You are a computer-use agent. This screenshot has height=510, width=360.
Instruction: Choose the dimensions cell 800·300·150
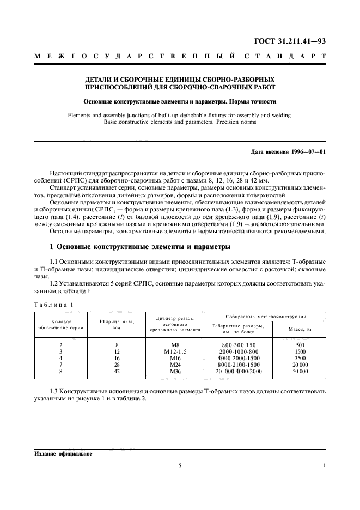click(x=239, y=345)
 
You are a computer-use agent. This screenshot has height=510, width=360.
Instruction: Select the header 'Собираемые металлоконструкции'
click(x=265, y=317)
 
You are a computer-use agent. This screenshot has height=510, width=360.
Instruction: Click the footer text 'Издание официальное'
click(x=63, y=453)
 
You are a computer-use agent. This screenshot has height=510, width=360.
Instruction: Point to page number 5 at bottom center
click(x=180, y=465)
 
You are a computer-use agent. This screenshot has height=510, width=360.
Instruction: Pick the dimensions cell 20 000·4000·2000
click(x=239, y=371)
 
